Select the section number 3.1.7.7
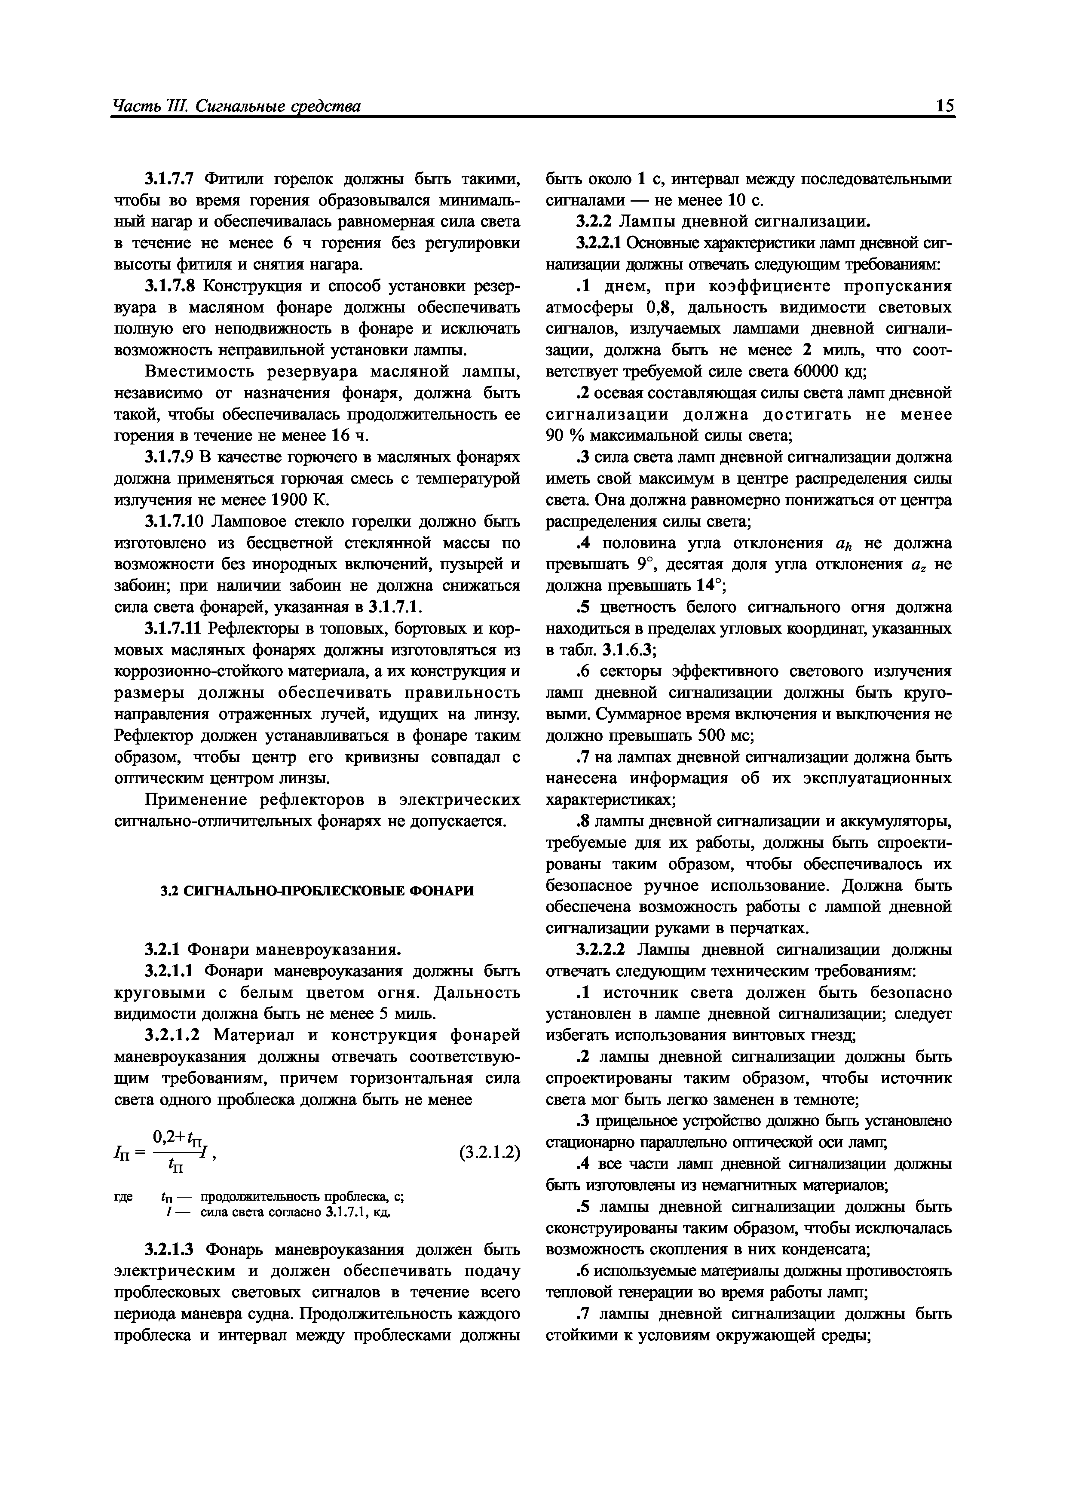[x=172, y=179]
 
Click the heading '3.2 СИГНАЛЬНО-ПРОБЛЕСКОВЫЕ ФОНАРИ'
[x=317, y=891]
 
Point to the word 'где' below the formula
[x=123, y=1197]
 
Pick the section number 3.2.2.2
[x=603, y=950]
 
